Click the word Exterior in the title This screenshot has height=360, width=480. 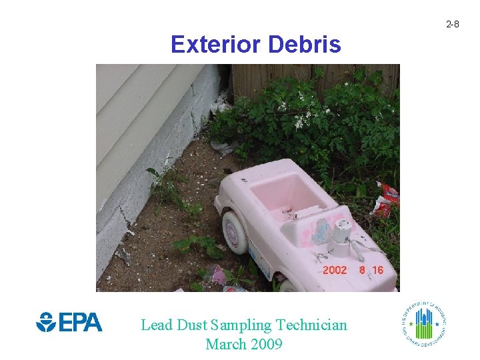click(x=215, y=45)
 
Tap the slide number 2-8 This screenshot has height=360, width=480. click(x=452, y=24)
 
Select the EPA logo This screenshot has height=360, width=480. click(x=69, y=323)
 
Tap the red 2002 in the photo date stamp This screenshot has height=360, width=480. click(x=335, y=270)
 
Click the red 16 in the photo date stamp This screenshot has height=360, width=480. click(x=377, y=270)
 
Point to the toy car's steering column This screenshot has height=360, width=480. click(x=343, y=236)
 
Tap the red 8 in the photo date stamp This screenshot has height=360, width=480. click(x=361, y=270)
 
